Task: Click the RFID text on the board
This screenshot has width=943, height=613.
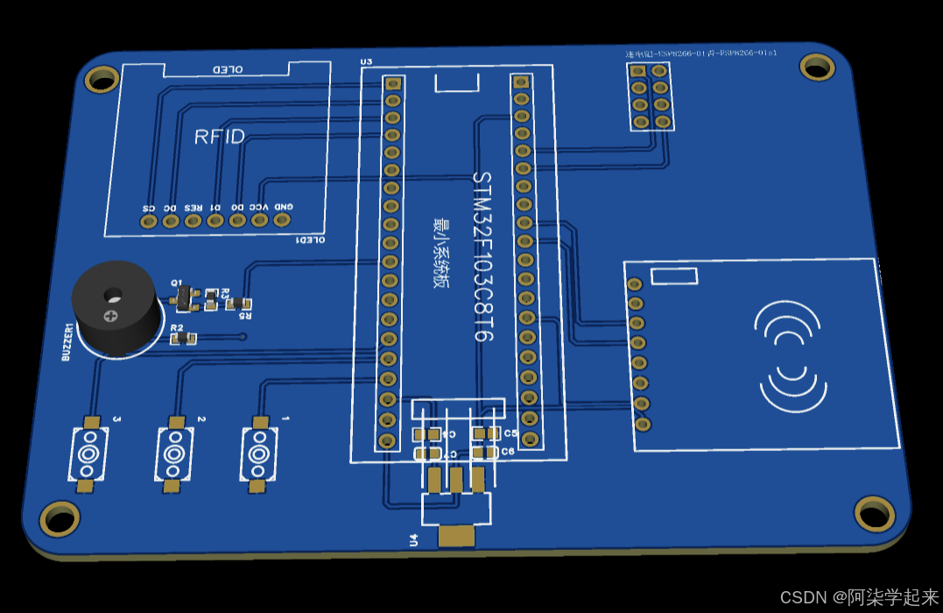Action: (x=220, y=137)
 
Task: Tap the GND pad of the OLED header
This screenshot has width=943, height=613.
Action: (x=282, y=219)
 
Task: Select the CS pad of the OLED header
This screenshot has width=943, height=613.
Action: (x=149, y=222)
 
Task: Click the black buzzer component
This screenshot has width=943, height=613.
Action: (x=115, y=308)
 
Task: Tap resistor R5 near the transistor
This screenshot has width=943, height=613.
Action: (x=234, y=303)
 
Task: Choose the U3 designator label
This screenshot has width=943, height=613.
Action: (x=366, y=62)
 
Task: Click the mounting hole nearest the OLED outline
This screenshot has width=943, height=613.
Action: (x=102, y=80)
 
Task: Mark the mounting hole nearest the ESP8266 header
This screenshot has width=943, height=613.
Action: (x=817, y=67)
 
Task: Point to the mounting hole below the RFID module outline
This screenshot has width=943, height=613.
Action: (x=873, y=513)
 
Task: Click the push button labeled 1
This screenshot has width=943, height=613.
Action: (x=257, y=454)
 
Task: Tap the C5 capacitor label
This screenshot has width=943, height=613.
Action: (x=510, y=433)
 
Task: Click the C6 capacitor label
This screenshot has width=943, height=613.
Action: (x=509, y=452)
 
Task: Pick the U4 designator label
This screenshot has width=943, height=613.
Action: (x=414, y=540)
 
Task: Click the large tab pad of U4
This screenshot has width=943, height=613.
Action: (x=456, y=535)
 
